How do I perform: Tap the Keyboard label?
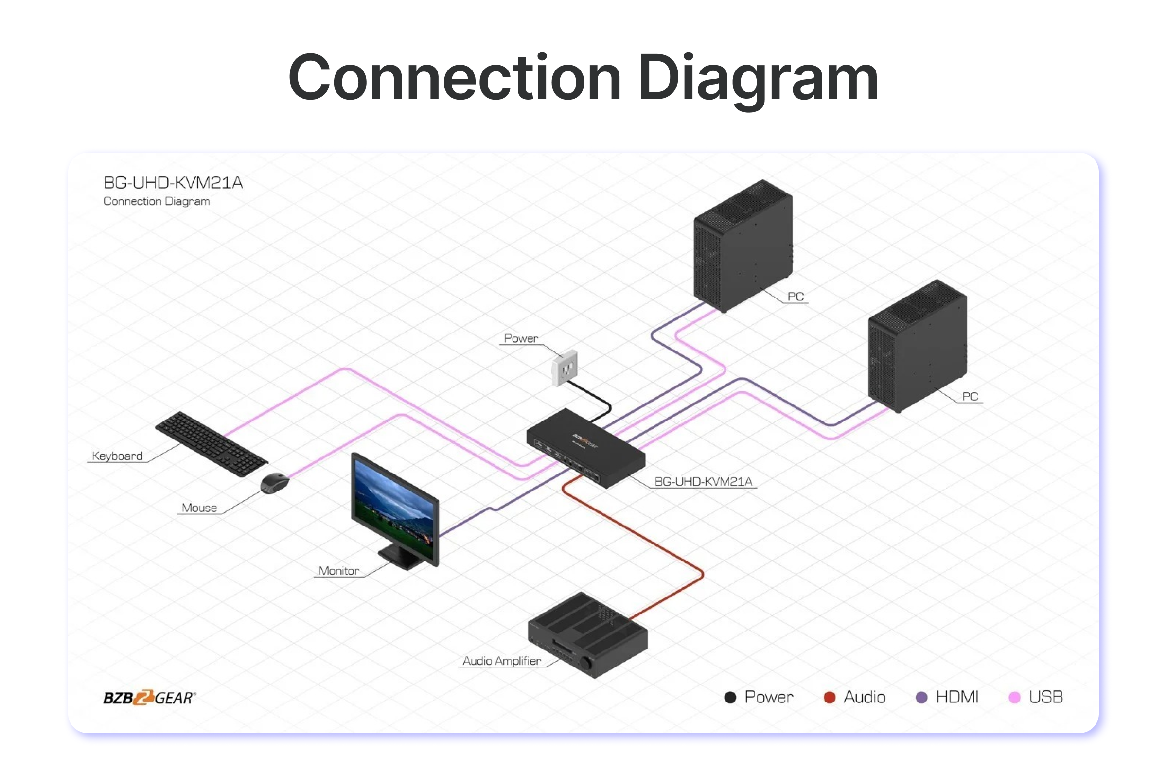(117, 456)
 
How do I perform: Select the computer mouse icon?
(275, 483)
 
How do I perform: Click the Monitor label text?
(339, 571)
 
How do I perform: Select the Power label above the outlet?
(521, 338)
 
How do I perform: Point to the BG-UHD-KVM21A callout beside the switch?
(703, 481)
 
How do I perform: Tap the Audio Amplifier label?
(501, 661)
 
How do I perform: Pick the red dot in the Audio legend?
(830, 697)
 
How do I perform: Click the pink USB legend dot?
(1014, 697)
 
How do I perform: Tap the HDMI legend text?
(957, 697)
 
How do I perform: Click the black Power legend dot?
(730, 697)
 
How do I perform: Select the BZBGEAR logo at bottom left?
(149, 697)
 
